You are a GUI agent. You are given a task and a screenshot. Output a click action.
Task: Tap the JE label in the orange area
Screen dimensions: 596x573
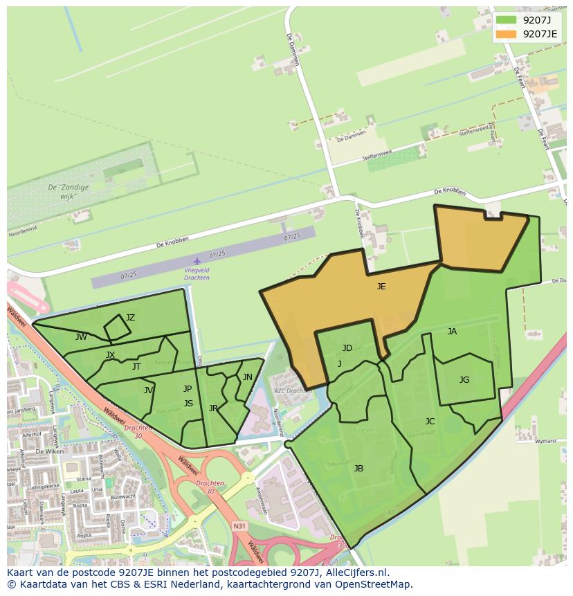coord(381,286)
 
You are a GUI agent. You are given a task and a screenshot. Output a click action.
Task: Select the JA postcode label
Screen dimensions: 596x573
coord(452,332)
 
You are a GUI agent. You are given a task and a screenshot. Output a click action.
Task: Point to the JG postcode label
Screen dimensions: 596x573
coord(464,379)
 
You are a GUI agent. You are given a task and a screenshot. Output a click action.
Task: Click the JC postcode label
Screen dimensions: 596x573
coord(430,422)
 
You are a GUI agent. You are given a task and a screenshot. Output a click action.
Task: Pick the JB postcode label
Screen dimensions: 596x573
coord(358,469)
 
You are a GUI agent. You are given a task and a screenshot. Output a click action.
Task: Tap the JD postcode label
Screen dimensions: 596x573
coord(347,347)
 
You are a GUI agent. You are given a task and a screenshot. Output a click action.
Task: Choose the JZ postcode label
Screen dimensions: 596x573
coord(130,318)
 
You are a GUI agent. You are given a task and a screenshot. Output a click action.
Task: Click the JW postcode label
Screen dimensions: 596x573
coord(81,337)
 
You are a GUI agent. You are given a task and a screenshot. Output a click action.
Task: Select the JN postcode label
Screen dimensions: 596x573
coord(247,377)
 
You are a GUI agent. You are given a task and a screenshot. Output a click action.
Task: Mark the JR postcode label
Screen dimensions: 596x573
coord(213,408)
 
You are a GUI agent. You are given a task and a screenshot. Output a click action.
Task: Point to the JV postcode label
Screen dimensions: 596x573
coord(148,390)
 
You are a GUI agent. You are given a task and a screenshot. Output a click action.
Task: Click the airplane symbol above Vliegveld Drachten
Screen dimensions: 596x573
coord(197,262)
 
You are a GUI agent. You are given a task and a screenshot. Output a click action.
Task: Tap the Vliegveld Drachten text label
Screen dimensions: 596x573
coord(197,273)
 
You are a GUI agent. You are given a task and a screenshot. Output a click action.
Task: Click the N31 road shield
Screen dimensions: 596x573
coord(239,527)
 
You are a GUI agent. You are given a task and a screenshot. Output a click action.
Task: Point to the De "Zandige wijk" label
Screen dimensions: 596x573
coord(62,192)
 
